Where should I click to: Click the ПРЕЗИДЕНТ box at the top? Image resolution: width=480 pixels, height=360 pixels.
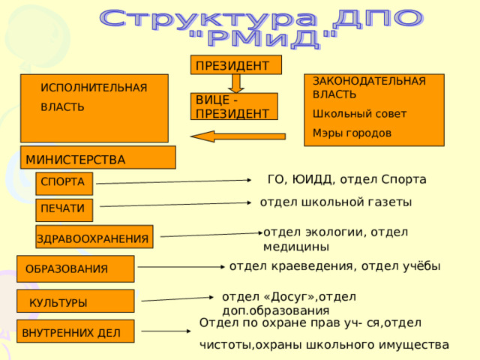pos(236,65)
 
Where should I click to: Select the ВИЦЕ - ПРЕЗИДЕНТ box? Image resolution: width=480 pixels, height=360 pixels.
pos(234,106)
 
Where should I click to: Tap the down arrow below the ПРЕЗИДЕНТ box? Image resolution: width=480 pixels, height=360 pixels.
pos(236,83)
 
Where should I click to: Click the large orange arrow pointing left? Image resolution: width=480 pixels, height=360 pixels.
pos(238,136)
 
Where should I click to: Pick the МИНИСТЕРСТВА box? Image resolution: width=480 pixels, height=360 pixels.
pos(98,157)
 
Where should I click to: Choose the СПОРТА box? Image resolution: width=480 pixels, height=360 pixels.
pos(64,183)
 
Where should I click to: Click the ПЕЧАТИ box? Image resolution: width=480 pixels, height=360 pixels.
pos(64,210)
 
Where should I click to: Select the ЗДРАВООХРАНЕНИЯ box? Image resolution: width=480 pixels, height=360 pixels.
pos(94,237)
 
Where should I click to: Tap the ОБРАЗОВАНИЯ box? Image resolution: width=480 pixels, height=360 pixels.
pos(75,268)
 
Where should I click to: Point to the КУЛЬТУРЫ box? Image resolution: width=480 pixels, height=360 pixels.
pos(75,301)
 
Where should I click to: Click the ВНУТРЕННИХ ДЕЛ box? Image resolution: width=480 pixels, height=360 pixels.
pos(75,331)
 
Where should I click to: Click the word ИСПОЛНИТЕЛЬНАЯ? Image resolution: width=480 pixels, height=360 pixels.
pos(94,88)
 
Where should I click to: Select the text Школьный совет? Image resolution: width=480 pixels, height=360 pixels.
pos(359,114)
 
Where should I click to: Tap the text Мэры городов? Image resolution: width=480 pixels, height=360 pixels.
pos(352,133)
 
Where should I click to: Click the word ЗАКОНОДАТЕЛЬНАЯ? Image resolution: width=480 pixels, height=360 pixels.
pos(369,81)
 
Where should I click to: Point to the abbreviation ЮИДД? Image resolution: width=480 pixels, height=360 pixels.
pos(312,179)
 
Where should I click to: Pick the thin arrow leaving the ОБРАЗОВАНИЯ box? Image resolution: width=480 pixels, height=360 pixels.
pos(181,267)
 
